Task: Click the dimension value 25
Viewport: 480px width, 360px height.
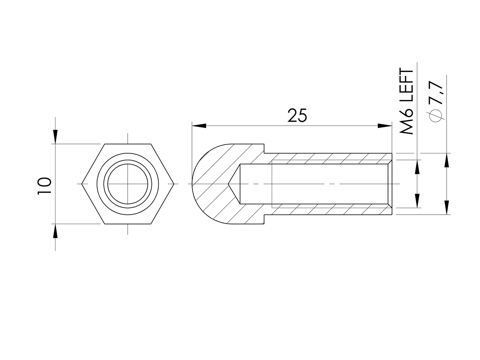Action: (x=297, y=116)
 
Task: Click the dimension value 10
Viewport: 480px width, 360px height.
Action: (x=44, y=186)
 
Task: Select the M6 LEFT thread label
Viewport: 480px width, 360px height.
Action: (x=407, y=101)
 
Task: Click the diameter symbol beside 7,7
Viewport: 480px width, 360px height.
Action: (x=436, y=116)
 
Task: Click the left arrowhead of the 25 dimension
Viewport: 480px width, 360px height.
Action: (x=199, y=126)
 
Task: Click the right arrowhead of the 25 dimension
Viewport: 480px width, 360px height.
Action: (x=385, y=126)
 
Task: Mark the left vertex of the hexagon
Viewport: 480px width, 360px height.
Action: (x=82, y=184)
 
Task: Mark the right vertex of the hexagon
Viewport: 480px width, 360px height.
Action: (x=173, y=184)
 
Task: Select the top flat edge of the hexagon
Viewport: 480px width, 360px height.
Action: (x=128, y=144)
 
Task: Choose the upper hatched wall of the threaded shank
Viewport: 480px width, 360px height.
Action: (x=329, y=158)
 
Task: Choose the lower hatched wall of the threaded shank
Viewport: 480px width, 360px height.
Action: (x=329, y=209)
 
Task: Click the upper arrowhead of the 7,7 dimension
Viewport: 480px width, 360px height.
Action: (x=446, y=160)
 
